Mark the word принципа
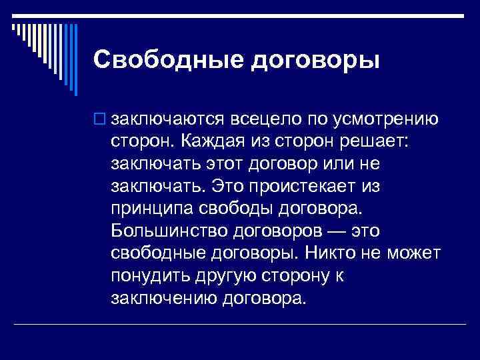(152, 208)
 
